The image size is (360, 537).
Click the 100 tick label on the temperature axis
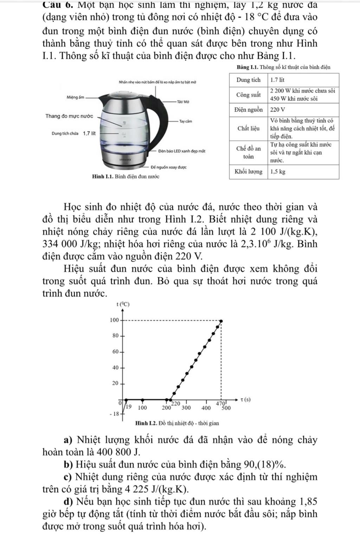coord(114,320)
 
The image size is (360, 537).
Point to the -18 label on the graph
coord(115,414)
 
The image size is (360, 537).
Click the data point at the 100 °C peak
coord(221,321)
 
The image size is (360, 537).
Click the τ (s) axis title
coord(246,400)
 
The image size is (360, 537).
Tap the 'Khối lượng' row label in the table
coord(249,172)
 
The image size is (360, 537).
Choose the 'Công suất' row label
coord(249,95)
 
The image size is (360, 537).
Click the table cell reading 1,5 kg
coord(278,172)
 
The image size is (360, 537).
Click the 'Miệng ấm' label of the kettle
coord(75,97)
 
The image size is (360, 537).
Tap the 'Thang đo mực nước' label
coord(69,116)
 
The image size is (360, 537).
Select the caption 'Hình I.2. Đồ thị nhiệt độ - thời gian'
coord(177,423)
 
